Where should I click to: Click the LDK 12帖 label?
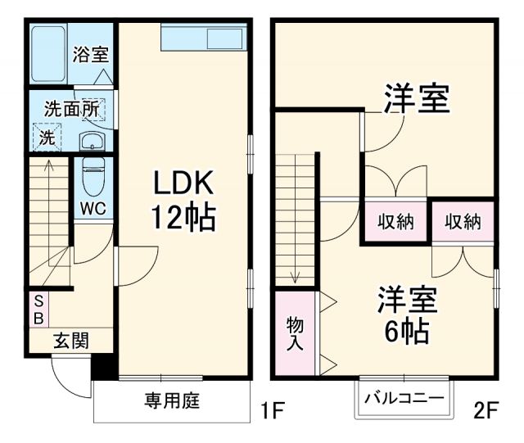point(182,200)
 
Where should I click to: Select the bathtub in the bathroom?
point(48,54)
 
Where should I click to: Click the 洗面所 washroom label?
point(71,107)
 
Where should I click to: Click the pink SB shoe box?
point(38,310)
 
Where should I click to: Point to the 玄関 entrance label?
point(71,341)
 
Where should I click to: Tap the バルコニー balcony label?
point(404,398)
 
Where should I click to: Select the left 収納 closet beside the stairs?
point(396,221)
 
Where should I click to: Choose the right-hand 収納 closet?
point(463,221)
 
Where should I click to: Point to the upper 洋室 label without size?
point(417,102)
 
